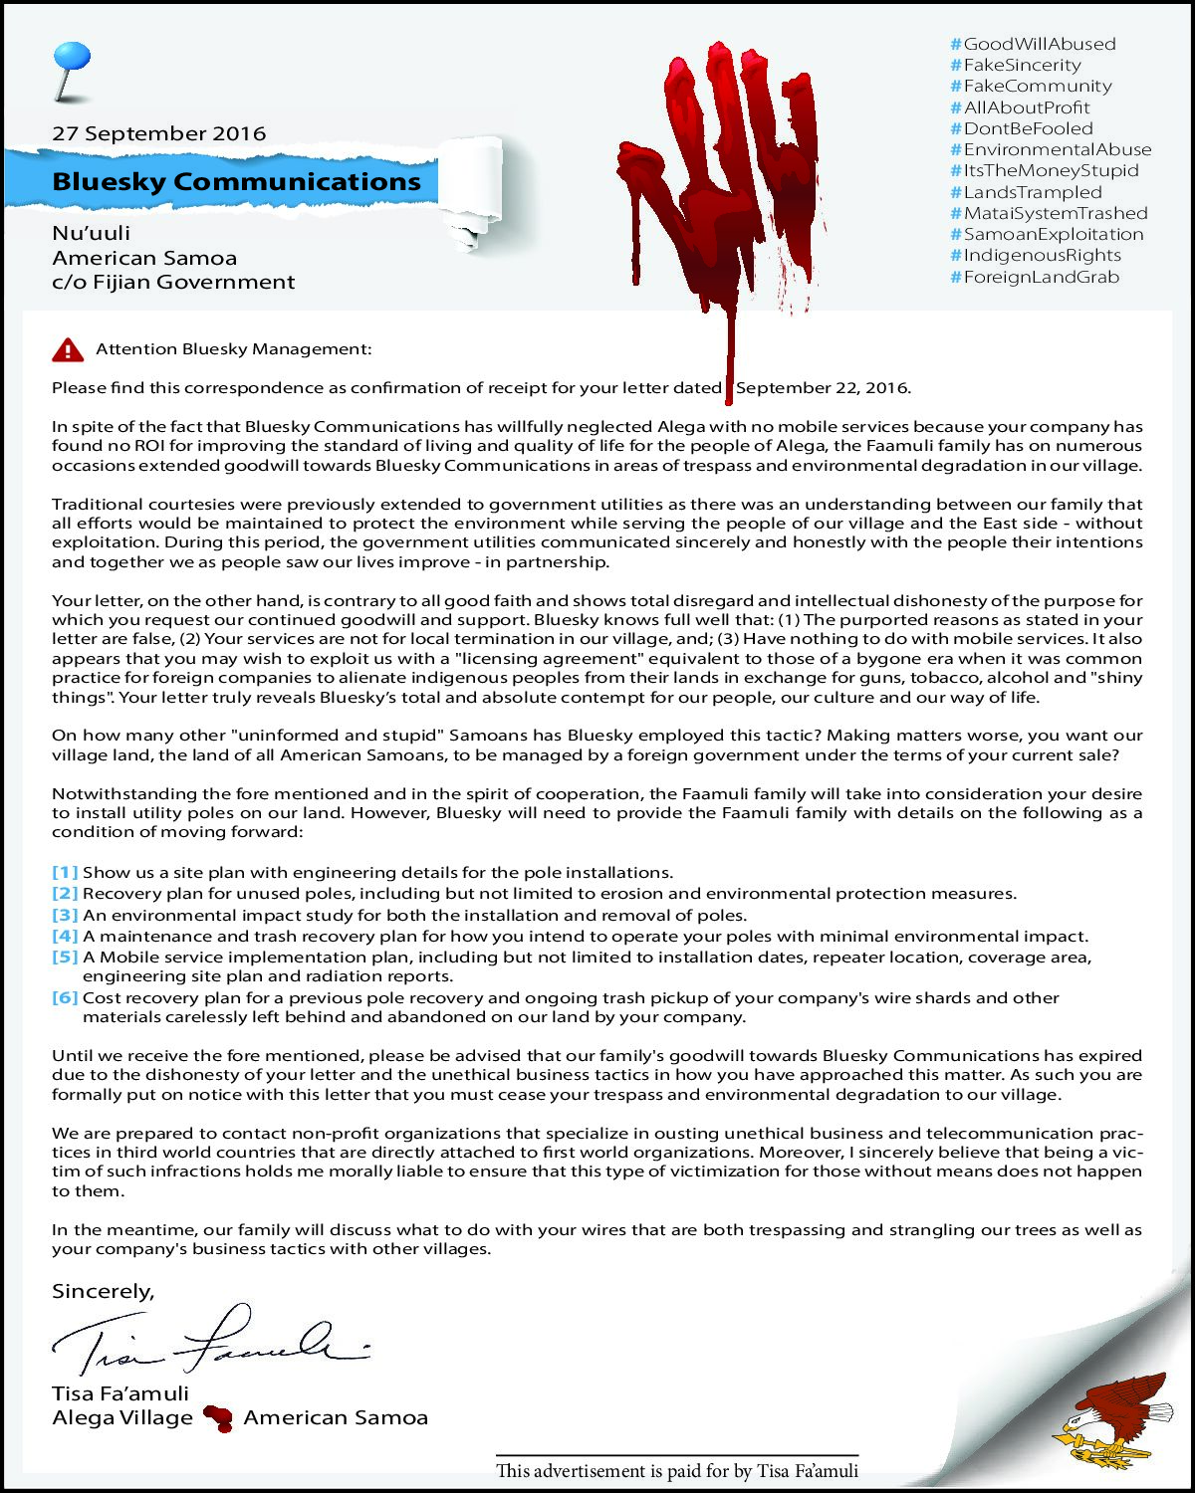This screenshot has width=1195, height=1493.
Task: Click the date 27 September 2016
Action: tap(159, 133)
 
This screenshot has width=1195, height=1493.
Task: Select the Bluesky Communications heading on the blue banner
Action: tap(236, 181)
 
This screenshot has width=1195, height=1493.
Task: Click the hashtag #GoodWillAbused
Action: tap(1033, 44)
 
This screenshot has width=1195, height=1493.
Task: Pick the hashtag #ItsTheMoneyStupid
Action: tap(1044, 170)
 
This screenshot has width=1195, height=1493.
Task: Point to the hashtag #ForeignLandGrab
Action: tap(1035, 277)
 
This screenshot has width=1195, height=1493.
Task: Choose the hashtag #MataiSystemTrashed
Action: tap(1049, 213)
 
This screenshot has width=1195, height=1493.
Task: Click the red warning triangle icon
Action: tap(68, 349)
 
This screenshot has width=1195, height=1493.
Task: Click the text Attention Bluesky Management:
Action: tap(233, 349)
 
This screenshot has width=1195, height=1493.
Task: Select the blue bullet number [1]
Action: tap(65, 873)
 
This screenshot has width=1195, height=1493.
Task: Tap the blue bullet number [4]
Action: tap(65, 936)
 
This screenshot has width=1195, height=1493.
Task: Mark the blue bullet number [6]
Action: tap(65, 997)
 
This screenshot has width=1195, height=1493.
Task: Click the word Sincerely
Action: tap(103, 1291)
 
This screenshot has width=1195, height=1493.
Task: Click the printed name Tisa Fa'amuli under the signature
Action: tap(120, 1393)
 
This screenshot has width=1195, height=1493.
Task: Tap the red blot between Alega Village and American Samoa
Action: tap(218, 1417)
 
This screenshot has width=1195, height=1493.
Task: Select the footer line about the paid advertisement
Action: tap(677, 1470)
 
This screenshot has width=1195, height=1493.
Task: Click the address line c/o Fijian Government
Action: tap(173, 282)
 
